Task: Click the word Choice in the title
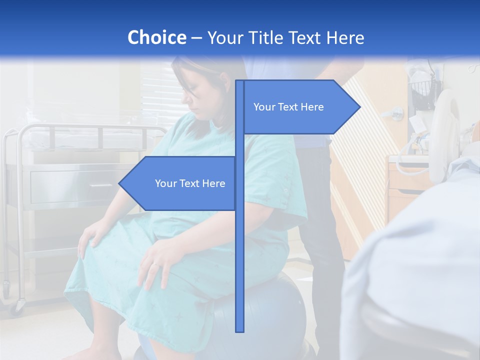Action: click(x=156, y=37)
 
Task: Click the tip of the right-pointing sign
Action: click(x=359, y=107)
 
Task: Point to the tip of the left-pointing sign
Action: click(x=120, y=183)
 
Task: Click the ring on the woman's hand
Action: click(x=156, y=263)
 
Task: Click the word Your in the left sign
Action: click(x=165, y=183)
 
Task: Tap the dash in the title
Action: click(x=196, y=38)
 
